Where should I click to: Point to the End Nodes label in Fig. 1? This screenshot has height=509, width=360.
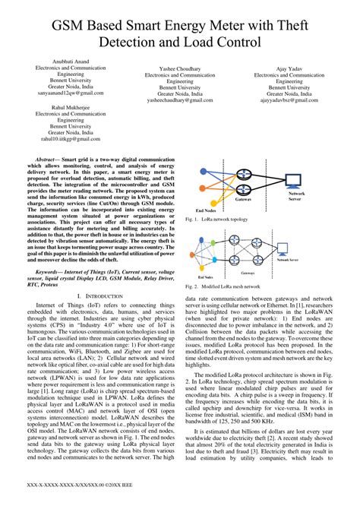pos(206,210)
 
